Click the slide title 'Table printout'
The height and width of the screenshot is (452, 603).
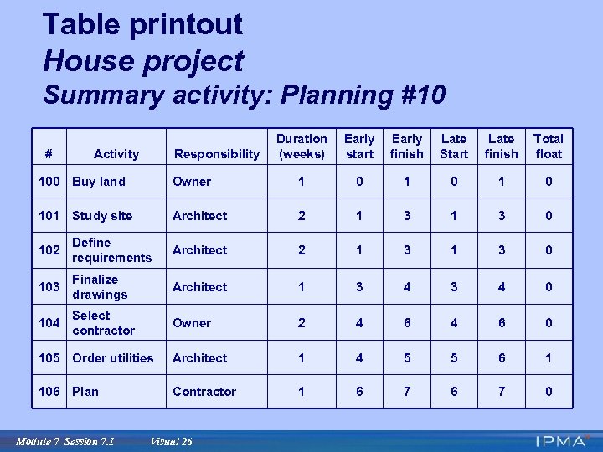coord(142,24)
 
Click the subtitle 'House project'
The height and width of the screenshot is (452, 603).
coord(142,61)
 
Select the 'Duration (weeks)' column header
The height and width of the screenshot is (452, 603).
coord(301,146)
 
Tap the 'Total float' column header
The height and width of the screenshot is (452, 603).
coord(549,146)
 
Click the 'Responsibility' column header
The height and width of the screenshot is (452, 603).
coord(216,154)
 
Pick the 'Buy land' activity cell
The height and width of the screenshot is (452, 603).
coord(99,182)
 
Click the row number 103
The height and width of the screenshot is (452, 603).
coord(49,287)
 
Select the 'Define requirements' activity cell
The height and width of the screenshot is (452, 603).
coord(111,250)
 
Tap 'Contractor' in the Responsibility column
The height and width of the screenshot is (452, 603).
coord(204,392)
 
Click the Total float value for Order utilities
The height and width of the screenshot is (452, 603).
coord(549,358)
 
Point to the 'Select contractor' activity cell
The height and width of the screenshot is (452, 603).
coord(103,323)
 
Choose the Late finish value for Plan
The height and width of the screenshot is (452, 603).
coord(501,392)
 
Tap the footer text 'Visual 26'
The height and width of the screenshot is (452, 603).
coord(171,442)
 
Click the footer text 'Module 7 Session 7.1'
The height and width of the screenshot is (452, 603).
coord(65,442)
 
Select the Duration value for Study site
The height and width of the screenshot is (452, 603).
coord(301,216)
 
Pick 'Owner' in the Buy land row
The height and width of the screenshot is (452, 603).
coord(192,182)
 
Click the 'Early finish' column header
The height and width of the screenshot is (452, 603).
coord(407,146)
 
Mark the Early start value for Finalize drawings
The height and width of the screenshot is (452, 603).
coord(359,287)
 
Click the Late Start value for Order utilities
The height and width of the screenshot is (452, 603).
coord(454,358)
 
